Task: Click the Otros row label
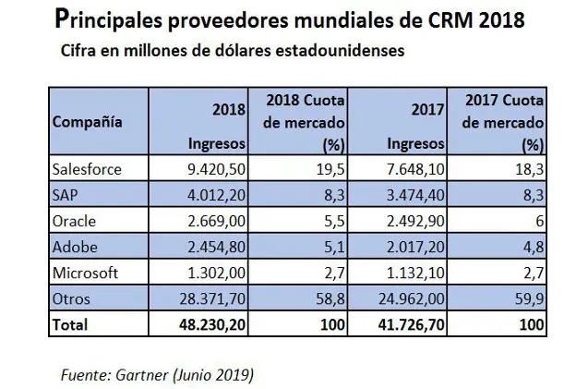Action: (70, 299)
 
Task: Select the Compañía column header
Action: (88, 121)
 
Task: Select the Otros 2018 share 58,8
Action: (330, 299)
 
